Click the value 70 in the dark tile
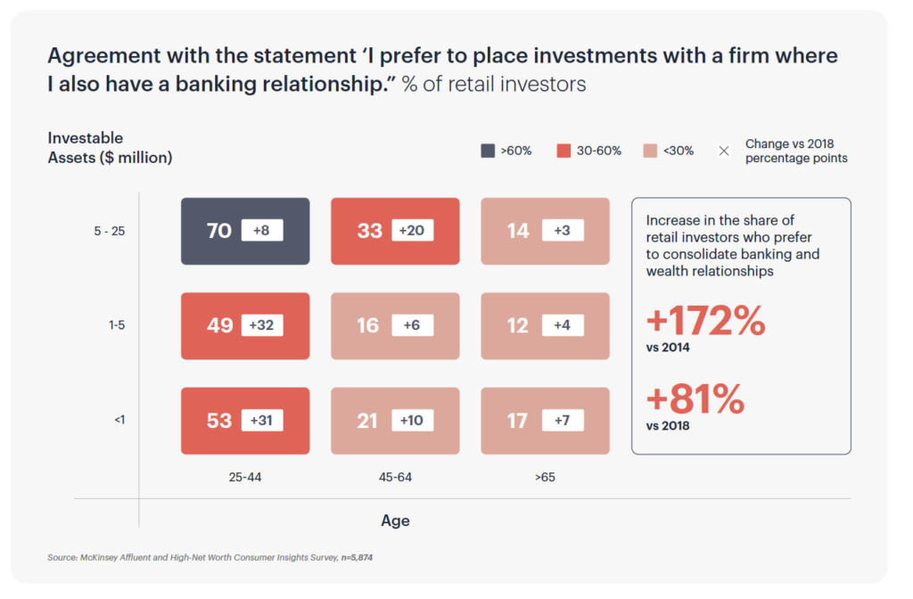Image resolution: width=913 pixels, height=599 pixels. [x=219, y=231]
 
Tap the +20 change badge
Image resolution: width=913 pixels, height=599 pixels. [x=412, y=231]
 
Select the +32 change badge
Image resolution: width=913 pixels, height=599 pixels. [x=261, y=324]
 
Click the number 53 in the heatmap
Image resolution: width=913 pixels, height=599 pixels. [x=219, y=421]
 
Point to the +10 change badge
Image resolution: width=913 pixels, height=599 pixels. [x=412, y=421]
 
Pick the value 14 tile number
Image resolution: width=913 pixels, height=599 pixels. [x=518, y=231]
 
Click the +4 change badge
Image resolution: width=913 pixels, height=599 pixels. [x=563, y=324]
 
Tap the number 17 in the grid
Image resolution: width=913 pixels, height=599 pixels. [x=518, y=421]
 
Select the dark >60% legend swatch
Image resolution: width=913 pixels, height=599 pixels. [x=488, y=151]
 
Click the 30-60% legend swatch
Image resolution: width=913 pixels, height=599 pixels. [x=563, y=151]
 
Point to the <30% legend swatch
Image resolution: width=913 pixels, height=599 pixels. [x=650, y=151]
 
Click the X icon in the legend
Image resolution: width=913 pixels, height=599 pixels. [x=724, y=151]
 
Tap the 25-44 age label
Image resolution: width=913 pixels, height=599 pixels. [x=245, y=478]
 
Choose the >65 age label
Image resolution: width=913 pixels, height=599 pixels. [x=545, y=478]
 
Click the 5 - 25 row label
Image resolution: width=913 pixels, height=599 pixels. [x=110, y=231]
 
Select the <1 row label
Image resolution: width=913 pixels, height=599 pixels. [x=119, y=420]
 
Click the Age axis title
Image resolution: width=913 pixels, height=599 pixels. [x=395, y=521]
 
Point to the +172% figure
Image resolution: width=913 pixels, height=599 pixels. [x=706, y=320]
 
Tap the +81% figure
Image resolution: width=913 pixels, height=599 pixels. [x=695, y=398]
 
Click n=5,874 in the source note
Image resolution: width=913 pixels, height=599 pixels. [x=357, y=558]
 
